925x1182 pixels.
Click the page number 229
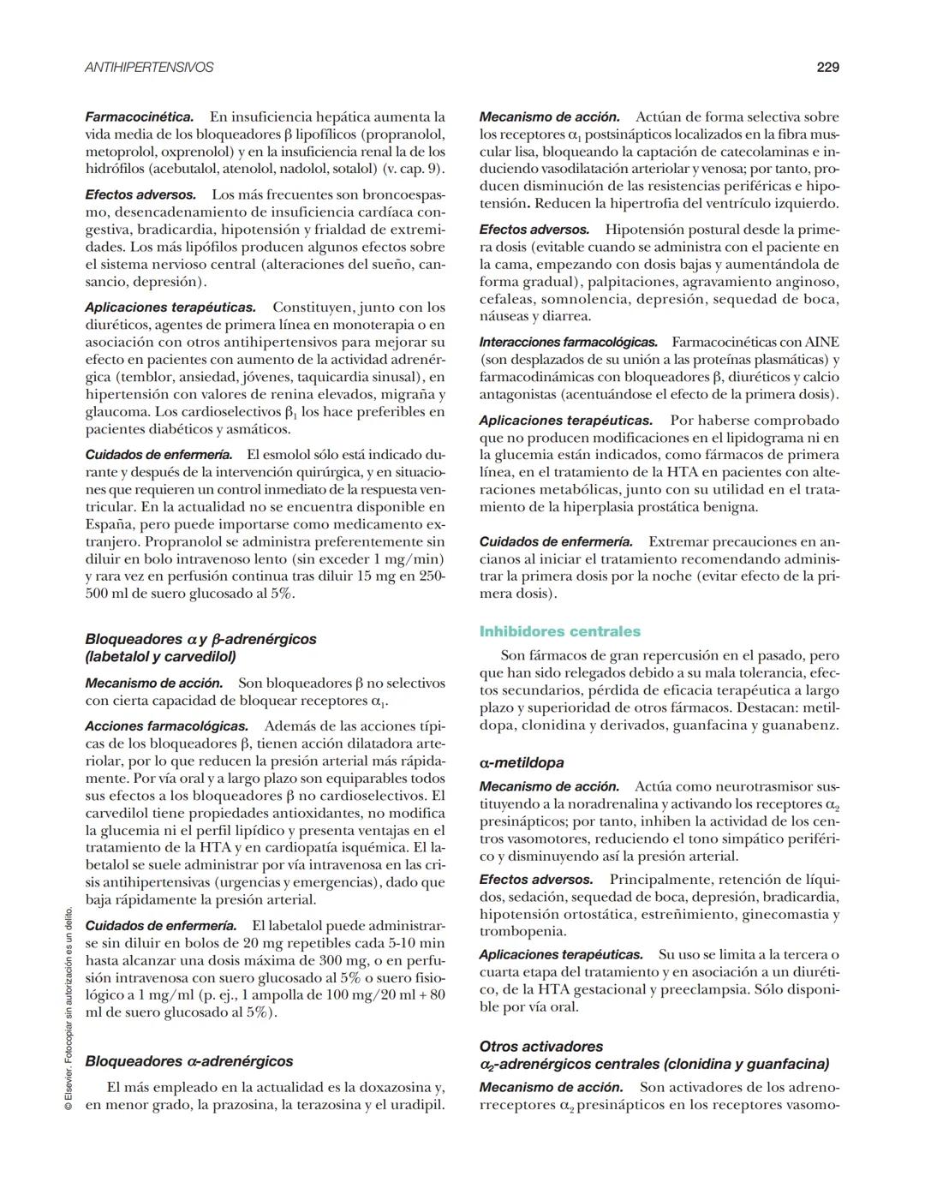(x=827, y=67)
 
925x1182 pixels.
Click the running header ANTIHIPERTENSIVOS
(x=149, y=67)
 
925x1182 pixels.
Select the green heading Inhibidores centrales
(x=559, y=632)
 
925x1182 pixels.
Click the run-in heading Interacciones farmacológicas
(x=568, y=343)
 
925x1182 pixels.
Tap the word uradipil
(x=417, y=1105)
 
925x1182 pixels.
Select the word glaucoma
(x=116, y=412)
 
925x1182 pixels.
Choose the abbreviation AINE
(x=822, y=343)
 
